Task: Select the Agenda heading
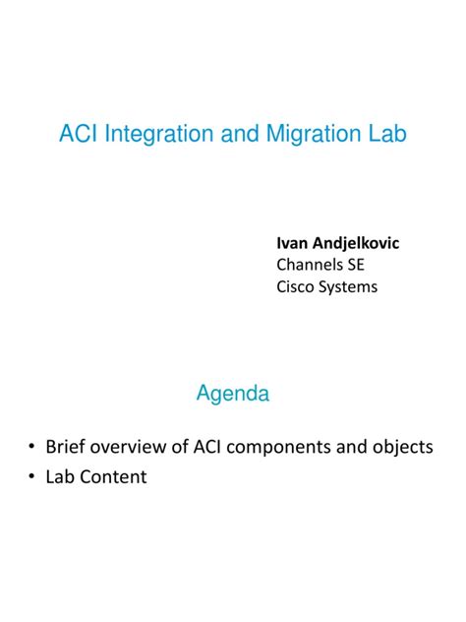[x=233, y=395]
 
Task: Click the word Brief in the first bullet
[x=66, y=447]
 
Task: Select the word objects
[x=402, y=447]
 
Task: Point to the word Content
[x=114, y=477]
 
